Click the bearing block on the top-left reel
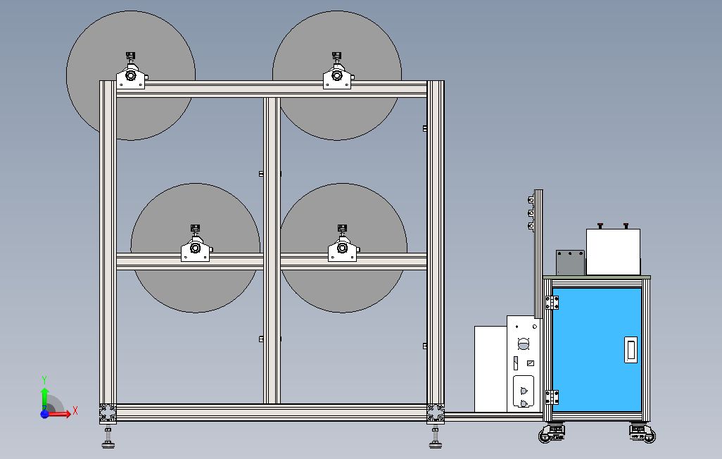(x=131, y=76)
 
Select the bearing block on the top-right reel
(x=337, y=77)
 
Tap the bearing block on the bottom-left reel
(x=196, y=249)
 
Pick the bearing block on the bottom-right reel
(x=343, y=249)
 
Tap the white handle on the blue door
(x=631, y=349)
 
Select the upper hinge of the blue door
(x=552, y=303)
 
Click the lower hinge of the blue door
(x=552, y=397)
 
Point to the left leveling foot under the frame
(x=108, y=439)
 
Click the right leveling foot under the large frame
(x=435, y=439)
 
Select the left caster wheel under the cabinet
(x=553, y=434)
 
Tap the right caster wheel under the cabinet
(x=641, y=434)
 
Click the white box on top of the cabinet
(x=613, y=252)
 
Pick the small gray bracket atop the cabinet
(x=570, y=262)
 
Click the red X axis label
(x=75, y=410)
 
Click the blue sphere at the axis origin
(x=44, y=415)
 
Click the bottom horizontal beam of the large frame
(x=272, y=413)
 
